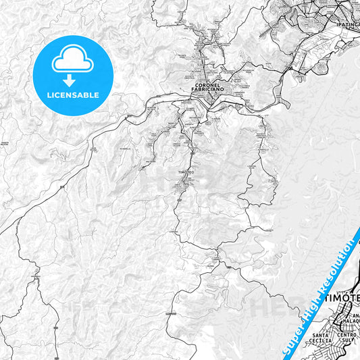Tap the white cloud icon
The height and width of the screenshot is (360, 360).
[73, 61]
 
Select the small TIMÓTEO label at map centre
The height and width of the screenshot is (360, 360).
[186, 173]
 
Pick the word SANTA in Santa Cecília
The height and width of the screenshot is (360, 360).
[322, 336]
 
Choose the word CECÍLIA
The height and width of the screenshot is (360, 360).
[322, 342]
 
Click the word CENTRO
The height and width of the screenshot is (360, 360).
[347, 336]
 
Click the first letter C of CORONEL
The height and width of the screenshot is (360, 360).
[196, 85]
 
